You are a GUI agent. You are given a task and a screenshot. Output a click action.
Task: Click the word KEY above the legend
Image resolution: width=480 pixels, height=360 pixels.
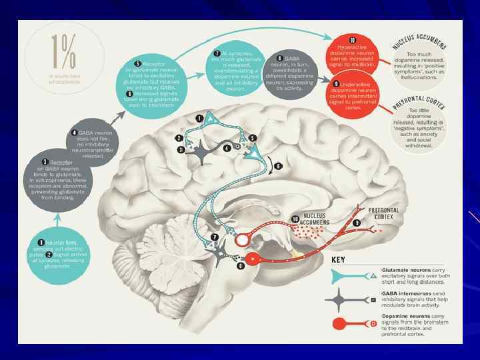tap(343, 259)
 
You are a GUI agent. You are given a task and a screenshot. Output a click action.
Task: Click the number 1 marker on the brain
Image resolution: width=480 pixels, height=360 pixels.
tap(199, 118)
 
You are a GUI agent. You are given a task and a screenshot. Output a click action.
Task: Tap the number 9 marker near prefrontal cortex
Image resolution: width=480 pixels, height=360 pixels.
tap(357, 222)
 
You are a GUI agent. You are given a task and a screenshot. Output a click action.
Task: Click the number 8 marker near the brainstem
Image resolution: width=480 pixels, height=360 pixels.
tap(240, 267)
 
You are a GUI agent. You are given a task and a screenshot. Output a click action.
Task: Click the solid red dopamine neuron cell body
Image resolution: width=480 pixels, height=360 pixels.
tap(252, 259)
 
